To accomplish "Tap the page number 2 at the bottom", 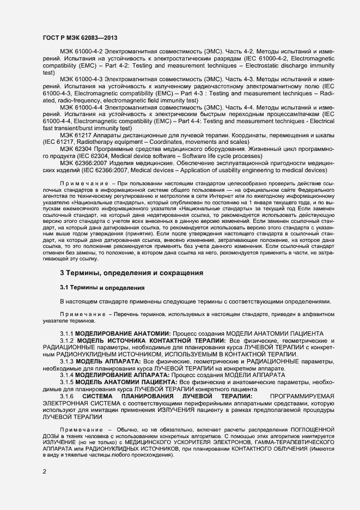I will coord(44,471).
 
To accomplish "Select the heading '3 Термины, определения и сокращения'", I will coord(132,272).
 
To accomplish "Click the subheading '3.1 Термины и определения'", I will coord(102,287).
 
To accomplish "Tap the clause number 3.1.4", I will coord(66,375).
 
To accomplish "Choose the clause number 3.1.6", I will coord(66,397).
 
